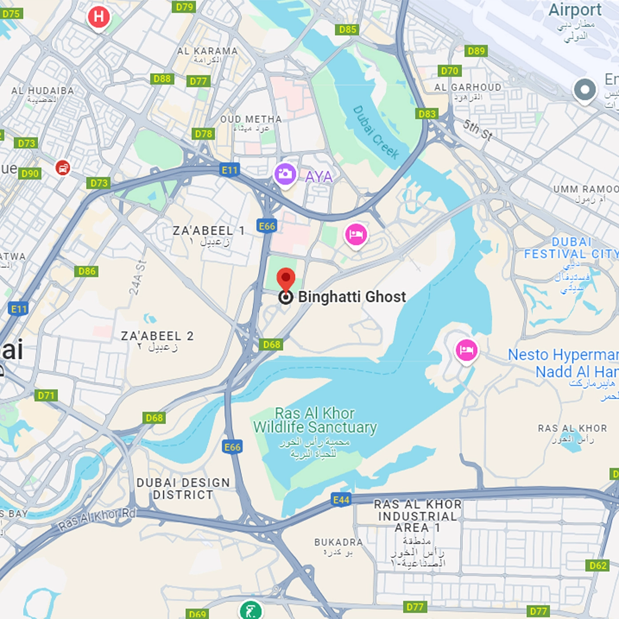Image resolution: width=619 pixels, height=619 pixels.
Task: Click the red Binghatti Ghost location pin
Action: [286, 280]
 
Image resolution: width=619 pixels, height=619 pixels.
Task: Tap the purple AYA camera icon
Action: [285, 174]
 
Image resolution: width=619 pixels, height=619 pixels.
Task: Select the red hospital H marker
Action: [99, 17]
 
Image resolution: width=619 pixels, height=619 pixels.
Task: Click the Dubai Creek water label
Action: [376, 133]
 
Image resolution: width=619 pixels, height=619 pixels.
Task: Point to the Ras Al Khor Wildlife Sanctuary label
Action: [315, 420]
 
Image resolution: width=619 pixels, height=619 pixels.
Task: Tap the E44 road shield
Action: [341, 499]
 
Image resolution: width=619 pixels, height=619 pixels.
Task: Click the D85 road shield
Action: [347, 29]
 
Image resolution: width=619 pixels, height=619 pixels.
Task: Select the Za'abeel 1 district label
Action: [209, 231]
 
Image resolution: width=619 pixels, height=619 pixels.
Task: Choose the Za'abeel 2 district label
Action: [157, 336]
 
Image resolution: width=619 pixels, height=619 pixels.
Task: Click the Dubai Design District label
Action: [183, 489]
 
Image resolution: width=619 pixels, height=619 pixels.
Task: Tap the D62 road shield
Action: [598, 565]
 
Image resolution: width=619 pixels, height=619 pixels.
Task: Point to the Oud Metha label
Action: [251, 119]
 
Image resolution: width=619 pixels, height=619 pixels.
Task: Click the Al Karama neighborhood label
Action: [207, 51]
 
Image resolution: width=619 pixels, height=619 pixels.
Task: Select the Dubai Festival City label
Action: [571, 248]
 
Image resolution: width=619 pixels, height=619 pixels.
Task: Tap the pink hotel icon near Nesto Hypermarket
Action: [466, 350]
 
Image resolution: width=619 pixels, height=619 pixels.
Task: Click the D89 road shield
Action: [476, 51]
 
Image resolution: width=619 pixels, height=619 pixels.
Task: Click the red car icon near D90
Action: [63, 168]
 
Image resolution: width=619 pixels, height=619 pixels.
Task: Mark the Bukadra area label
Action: [338, 542]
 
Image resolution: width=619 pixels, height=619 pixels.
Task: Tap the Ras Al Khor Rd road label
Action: [97, 519]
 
